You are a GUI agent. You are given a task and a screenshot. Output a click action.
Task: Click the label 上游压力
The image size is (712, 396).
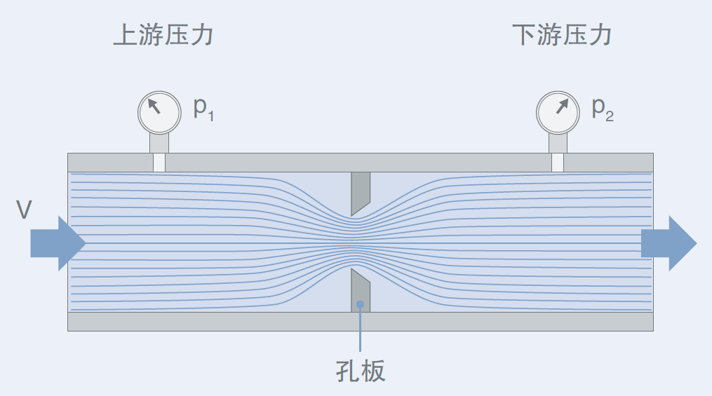coord(163,35)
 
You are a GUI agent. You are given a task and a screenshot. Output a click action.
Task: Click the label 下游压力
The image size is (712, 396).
coord(562,35)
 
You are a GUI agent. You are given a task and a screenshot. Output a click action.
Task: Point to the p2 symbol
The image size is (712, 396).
coord(602,108)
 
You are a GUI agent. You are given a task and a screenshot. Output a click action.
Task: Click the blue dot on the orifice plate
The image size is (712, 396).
coord(361,305)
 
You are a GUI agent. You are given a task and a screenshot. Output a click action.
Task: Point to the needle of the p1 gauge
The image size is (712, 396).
coord(154,107)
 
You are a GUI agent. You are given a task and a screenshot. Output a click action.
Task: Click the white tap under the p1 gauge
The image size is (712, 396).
coord(159,163)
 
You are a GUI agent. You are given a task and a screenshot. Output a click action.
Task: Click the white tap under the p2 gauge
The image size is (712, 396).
coord(558,163)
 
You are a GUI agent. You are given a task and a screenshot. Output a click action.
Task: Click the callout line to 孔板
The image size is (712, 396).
coord(361,333)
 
